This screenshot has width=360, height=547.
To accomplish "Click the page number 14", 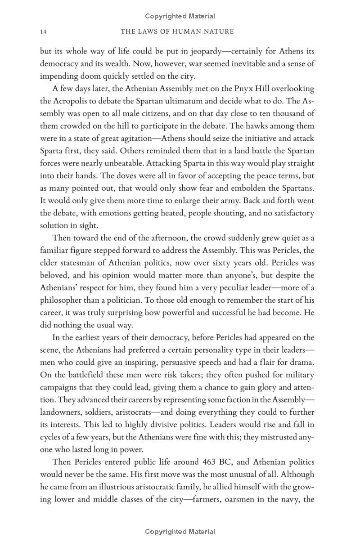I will [x=43, y=31].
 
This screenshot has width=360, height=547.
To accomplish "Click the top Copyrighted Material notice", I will [x=180, y=16].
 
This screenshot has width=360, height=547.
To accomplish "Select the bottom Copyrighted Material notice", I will [x=180, y=532].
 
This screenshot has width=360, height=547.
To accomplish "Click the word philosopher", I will [x=62, y=300].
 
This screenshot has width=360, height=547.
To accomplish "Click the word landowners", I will [x=60, y=412].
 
